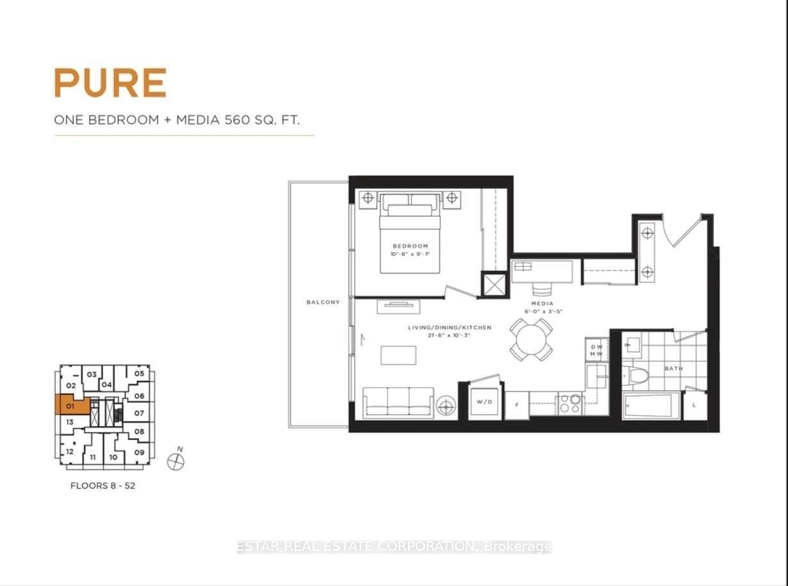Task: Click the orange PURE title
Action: point(110,83)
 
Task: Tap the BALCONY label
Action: point(323,302)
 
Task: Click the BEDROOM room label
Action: point(410,246)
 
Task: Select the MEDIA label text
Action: point(542,304)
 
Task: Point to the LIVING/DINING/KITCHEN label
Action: point(450,327)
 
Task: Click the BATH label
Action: point(673,369)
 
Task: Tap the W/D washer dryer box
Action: point(485,402)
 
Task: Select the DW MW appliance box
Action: point(596,350)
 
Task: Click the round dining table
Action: point(531,339)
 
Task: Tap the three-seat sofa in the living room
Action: point(398,402)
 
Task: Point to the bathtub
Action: point(651,406)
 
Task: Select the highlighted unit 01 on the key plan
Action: point(70,405)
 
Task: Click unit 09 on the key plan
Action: point(139,453)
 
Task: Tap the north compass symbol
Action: point(175,460)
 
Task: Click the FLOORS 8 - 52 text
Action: point(103,485)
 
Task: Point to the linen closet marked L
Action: point(694,406)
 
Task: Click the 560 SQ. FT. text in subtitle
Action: point(262,119)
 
